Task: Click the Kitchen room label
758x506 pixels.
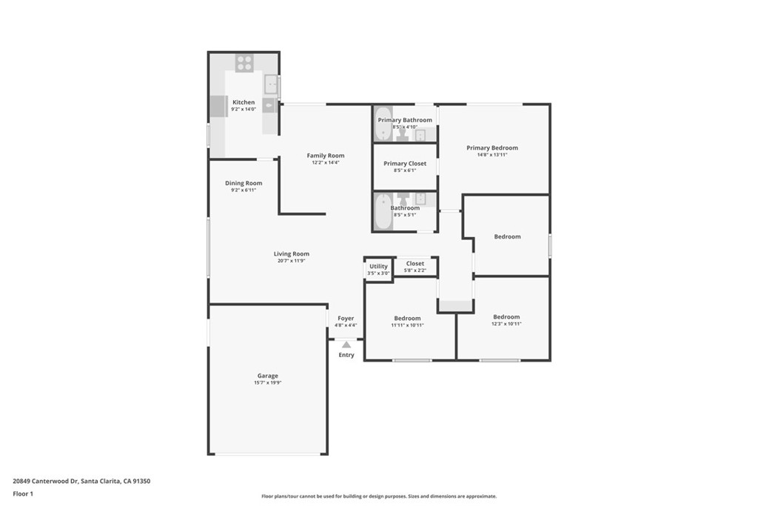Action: [244, 102]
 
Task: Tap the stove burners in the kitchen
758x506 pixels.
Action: [244, 63]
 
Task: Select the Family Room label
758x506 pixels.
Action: [326, 156]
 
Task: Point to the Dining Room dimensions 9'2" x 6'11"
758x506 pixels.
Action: [244, 190]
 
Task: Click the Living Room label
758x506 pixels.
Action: [292, 253]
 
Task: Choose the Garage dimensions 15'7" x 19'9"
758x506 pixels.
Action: [268, 382]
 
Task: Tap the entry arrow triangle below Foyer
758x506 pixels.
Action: [346, 344]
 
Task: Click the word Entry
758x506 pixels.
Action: [346, 355]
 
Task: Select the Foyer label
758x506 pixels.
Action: [346, 319]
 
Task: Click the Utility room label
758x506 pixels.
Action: [378, 266]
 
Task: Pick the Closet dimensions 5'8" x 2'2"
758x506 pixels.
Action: [415, 270]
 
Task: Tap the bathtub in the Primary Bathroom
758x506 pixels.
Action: [383, 124]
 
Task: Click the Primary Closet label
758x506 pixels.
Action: [405, 164]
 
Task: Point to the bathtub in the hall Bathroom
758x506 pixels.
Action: [383, 211]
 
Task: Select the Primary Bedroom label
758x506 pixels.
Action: [492, 147]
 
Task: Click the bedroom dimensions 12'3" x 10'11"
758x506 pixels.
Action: [506, 324]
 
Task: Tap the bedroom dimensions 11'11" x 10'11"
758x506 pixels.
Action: [408, 325]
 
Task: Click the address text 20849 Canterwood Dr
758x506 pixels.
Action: [45, 482]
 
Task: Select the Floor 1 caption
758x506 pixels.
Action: [23, 494]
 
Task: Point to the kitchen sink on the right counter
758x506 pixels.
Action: [271, 84]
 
